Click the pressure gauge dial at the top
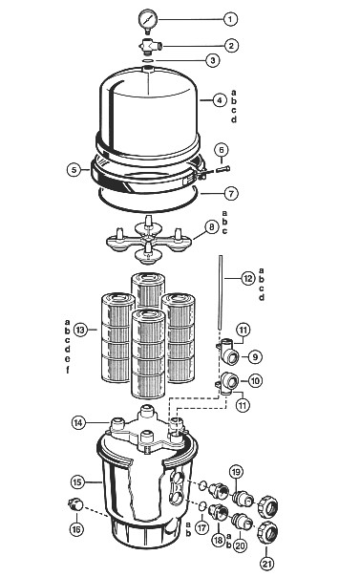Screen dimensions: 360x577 148,18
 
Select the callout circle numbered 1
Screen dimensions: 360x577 230,19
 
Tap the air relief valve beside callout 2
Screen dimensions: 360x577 151,46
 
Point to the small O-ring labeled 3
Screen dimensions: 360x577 147,60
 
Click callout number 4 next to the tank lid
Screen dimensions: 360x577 220,100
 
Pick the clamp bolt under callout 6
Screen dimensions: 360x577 223,169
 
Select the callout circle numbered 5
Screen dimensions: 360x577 74,170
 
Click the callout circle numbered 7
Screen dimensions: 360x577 231,194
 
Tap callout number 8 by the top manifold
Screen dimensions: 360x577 211,227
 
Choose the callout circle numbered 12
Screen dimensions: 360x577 248,279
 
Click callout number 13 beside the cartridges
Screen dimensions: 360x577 80,330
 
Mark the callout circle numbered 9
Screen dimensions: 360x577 255,356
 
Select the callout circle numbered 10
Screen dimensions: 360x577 255,381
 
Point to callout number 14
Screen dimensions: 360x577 78,423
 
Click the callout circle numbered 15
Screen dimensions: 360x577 77,482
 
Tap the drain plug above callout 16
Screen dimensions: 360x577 75,504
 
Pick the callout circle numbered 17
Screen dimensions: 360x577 201,528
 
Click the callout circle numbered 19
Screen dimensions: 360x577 237,472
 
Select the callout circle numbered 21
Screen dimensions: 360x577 267,563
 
